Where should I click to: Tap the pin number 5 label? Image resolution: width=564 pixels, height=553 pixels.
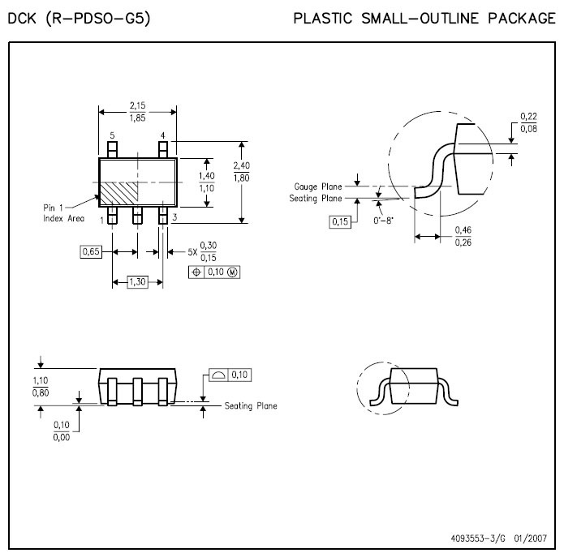(112, 135)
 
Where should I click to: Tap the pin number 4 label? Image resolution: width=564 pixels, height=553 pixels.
(162, 135)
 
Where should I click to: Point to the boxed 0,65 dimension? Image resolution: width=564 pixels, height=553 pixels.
(91, 252)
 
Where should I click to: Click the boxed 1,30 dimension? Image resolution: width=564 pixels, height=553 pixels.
(137, 281)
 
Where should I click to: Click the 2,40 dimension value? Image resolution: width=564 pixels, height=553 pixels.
(241, 165)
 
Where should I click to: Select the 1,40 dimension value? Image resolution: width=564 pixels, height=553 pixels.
(207, 176)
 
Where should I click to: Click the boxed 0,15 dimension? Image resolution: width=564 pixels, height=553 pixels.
(341, 221)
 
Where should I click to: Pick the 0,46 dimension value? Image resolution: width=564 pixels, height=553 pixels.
(463, 230)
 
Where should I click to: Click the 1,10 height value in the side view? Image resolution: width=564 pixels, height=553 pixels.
(39, 380)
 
